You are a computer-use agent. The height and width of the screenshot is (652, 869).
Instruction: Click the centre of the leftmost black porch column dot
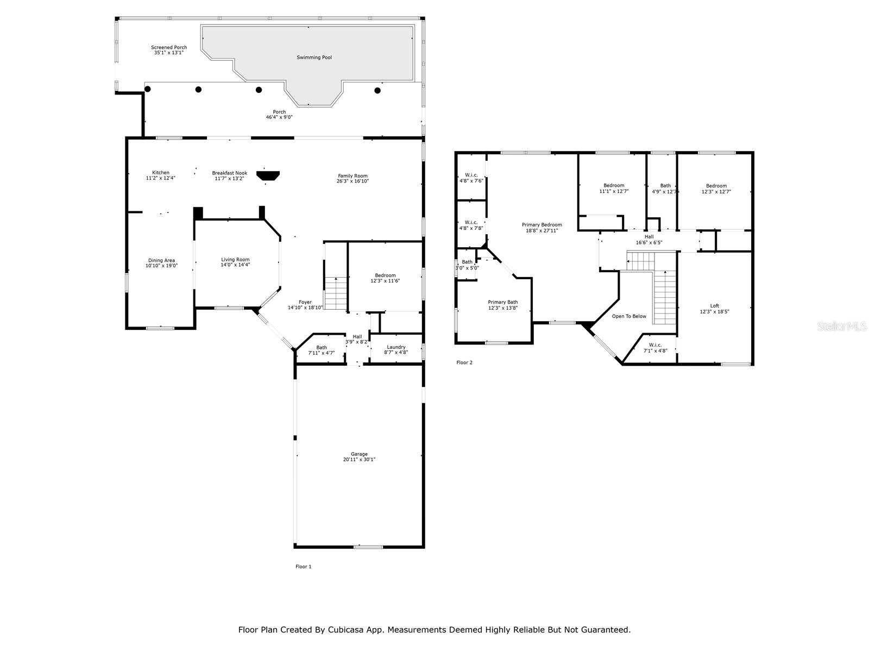[147, 89]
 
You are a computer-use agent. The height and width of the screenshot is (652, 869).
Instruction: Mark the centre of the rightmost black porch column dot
[377, 90]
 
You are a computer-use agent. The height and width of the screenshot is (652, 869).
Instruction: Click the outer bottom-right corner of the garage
[424, 548]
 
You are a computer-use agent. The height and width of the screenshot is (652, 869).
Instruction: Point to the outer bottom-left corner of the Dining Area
[127, 328]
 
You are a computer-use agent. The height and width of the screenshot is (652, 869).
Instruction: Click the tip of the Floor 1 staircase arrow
[336, 278]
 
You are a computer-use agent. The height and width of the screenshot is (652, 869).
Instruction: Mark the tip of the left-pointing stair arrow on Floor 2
[627, 261]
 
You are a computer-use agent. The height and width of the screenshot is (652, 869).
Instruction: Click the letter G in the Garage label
[352, 454]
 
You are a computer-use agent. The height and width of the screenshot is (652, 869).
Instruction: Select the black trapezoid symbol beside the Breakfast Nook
[268, 175]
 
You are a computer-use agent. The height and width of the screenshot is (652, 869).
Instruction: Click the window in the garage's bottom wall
[368, 547]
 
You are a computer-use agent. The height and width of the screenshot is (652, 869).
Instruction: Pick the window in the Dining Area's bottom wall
[160, 328]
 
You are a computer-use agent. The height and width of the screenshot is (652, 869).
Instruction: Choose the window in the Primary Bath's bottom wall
[496, 343]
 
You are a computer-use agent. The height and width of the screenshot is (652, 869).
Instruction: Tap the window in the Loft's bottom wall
[735, 364]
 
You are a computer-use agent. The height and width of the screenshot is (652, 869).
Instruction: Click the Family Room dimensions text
[352, 181]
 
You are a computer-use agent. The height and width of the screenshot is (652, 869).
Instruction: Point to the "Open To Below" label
[629, 316]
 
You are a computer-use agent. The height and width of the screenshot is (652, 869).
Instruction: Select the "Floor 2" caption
[464, 362]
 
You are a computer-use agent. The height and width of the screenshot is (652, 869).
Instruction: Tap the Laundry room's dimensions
[396, 352]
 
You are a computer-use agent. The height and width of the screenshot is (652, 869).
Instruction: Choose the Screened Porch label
[169, 47]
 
